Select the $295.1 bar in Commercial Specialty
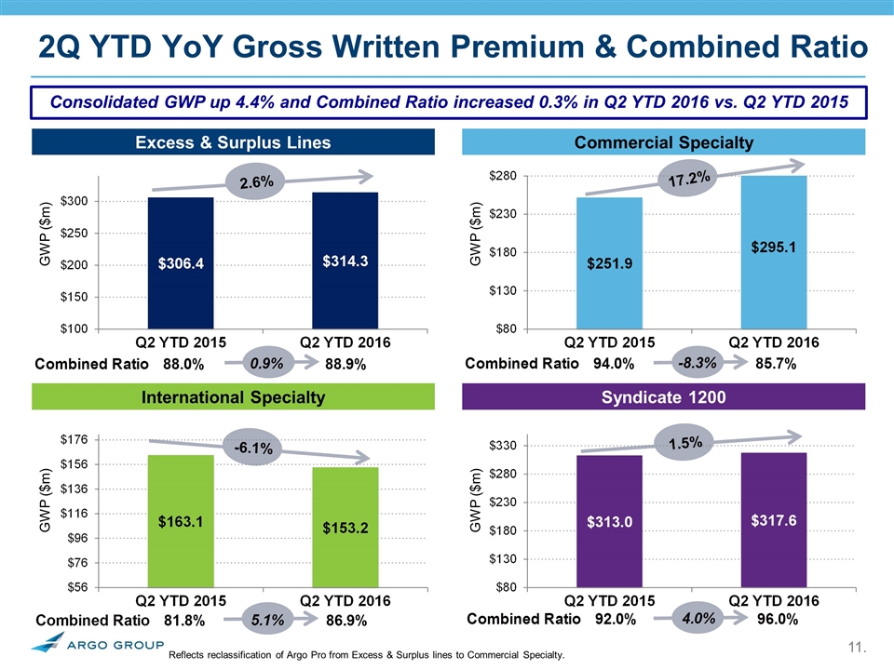click(773, 251)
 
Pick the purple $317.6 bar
click(773, 519)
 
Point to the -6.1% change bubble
click(252, 449)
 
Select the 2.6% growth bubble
click(256, 183)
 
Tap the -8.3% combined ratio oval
click(697, 365)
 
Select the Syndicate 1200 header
click(664, 397)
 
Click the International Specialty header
click(233, 397)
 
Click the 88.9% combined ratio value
click(345, 366)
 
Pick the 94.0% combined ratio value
click(614, 366)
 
